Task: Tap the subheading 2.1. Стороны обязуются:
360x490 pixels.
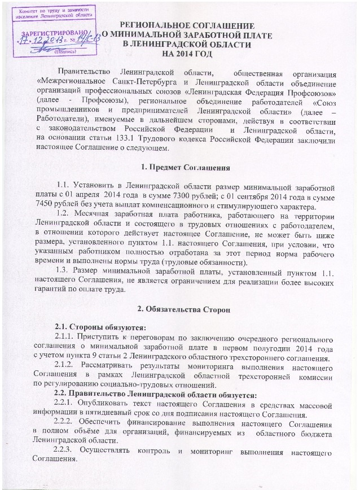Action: pos(92,328)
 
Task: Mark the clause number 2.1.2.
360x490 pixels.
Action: pos(69,364)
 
